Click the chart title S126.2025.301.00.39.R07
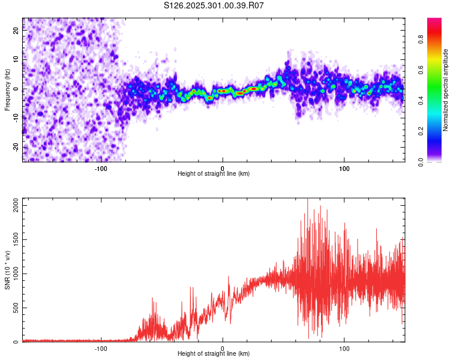(214, 5)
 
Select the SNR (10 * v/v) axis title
(8, 270)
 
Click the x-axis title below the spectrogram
(214, 174)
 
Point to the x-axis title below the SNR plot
(214, 354)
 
